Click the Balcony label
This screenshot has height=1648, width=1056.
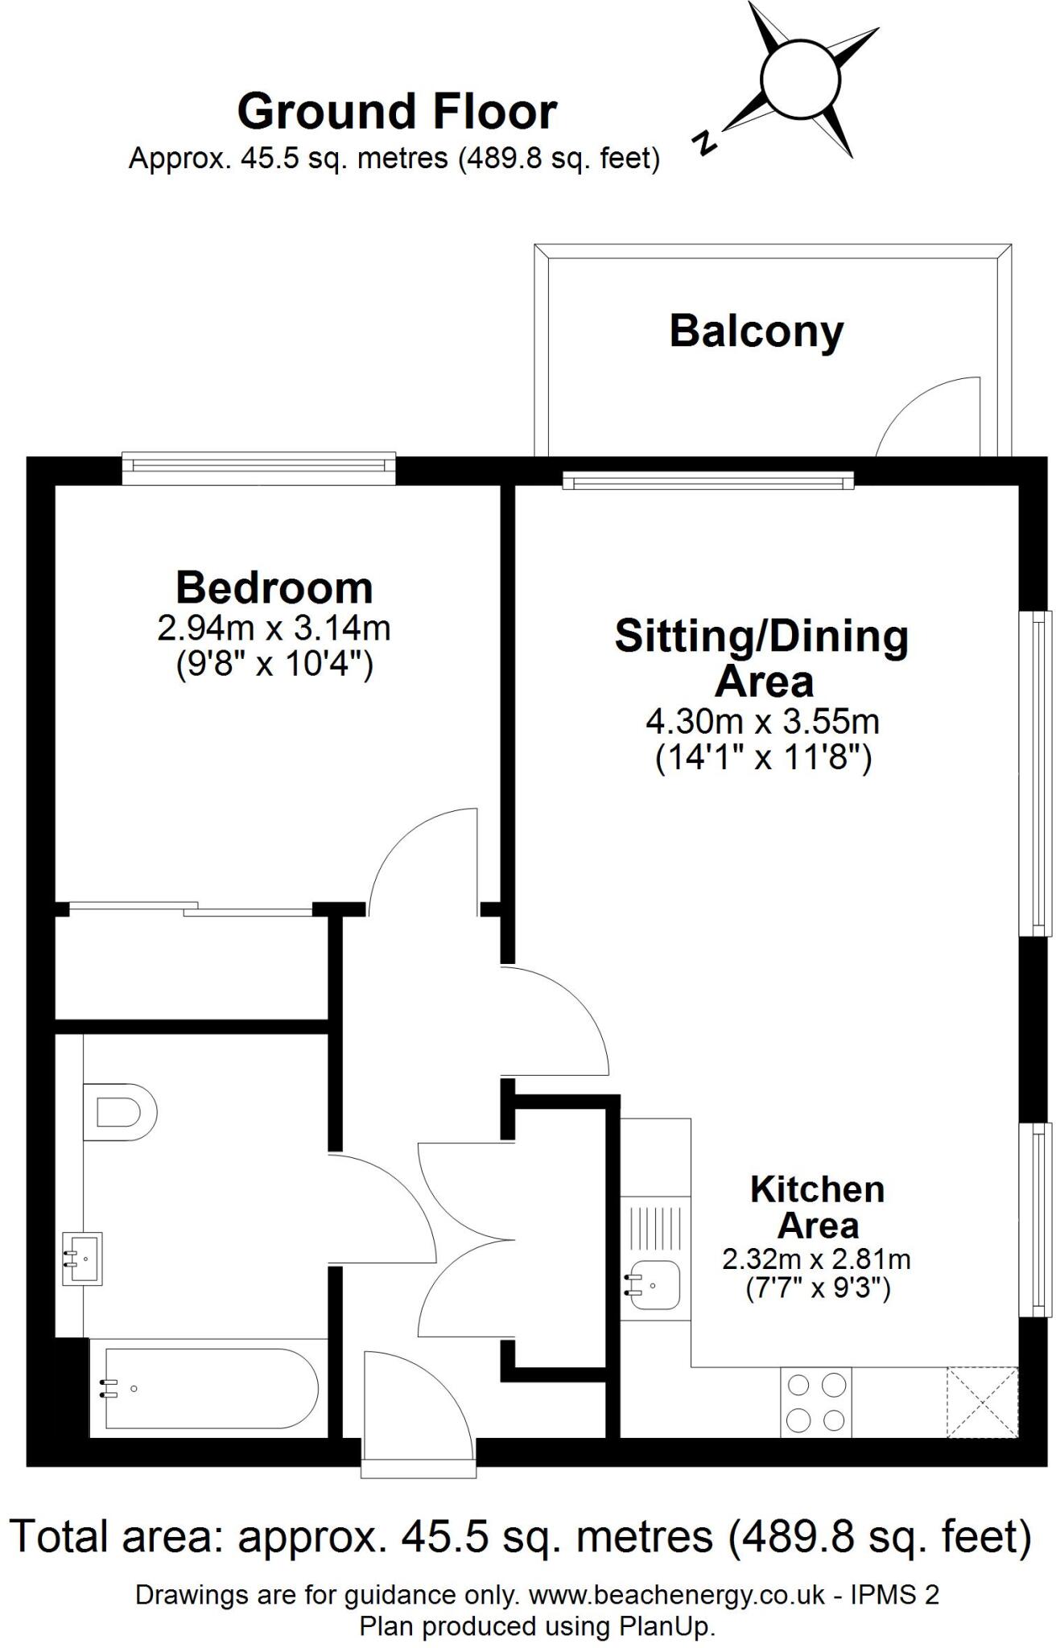tap(756, 332)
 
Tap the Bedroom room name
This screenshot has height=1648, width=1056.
tap(274, 588)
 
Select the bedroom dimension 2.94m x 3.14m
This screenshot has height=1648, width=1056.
tap(274, 628)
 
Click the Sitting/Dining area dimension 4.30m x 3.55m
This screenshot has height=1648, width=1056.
tap(762, 722)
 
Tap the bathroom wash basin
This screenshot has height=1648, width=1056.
tap(83, 1258)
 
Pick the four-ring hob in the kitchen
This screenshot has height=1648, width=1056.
tap(815, 1403)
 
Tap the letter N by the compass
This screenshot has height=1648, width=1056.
tap(704, 142)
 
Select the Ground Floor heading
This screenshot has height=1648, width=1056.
tap(396, 112)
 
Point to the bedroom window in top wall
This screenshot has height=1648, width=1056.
tap(259, 468)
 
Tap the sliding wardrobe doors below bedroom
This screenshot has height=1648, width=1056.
tap(190, 909)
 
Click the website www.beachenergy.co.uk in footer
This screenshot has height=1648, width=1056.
tap(676, 1594)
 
